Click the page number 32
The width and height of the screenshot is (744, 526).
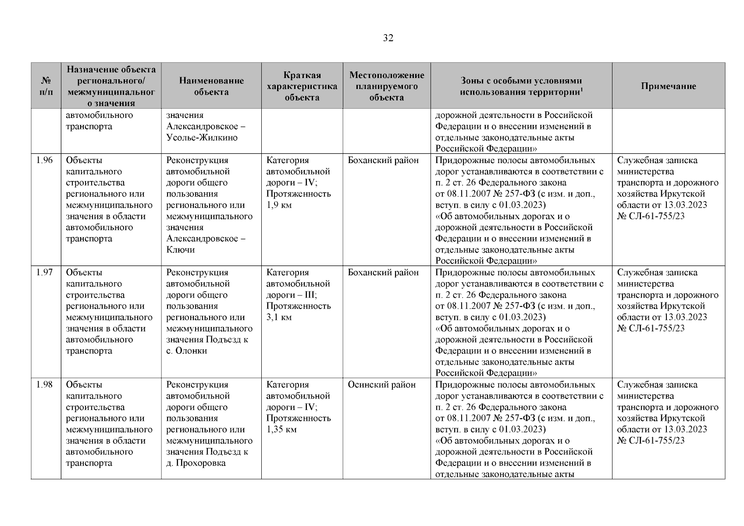(x=388, y=38)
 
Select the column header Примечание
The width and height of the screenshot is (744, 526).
(x=668, y=86)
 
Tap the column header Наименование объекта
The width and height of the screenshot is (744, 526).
(x=211, y=86)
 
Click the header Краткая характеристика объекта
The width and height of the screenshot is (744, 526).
(x=302, y=86)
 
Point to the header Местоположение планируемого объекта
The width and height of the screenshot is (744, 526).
(x=387, y=86)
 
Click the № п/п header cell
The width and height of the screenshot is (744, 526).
(x=46, y=86)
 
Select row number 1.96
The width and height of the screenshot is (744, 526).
(x=44, y=160)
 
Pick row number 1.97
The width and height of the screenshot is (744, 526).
(x=44, y=273)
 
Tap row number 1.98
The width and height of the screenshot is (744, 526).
(x=44, y=385)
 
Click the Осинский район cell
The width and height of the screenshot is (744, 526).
(x=381, y=385)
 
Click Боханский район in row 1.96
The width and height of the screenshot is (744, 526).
(x=383, y=160)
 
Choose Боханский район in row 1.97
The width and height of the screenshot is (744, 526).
(x=383, y=273)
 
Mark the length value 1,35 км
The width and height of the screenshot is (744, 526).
(x=281, y=430)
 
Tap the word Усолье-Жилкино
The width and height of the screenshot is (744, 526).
(x=202, y=138)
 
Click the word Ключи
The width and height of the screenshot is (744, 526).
(x=181, y=250)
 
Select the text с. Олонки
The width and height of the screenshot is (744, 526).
(x=186, y=351)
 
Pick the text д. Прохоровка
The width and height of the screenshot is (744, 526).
(x=196, y=463)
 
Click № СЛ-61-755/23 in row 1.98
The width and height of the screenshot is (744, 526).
(x=651, y=441)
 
